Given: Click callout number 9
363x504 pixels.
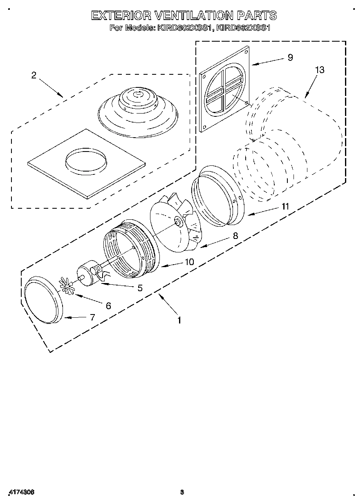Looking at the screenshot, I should (290, 58).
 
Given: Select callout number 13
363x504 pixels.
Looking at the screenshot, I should (319, 70).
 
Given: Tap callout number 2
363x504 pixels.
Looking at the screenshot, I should (34, 75).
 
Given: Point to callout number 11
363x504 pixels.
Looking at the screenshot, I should (285, 207).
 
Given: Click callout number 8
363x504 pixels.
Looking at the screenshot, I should (235, 236).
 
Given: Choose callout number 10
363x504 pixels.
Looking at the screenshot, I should (189, 262).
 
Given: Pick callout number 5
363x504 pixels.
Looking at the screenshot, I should (140, 288).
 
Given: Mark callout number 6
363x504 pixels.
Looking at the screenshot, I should (108, 305).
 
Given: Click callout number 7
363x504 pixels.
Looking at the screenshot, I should (92, 317).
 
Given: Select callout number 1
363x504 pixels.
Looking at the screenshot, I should (179, 321).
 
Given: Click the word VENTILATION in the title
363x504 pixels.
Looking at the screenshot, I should (194, 16).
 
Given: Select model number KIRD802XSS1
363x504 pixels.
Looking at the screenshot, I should (181, 28).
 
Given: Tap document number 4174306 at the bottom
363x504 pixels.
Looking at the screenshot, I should (20, 492).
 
